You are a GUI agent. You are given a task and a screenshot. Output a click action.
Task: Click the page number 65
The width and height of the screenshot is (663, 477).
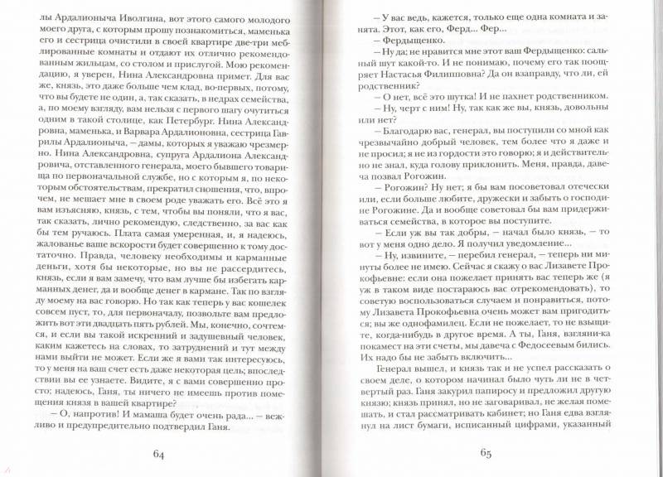click(x=487, y=454)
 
